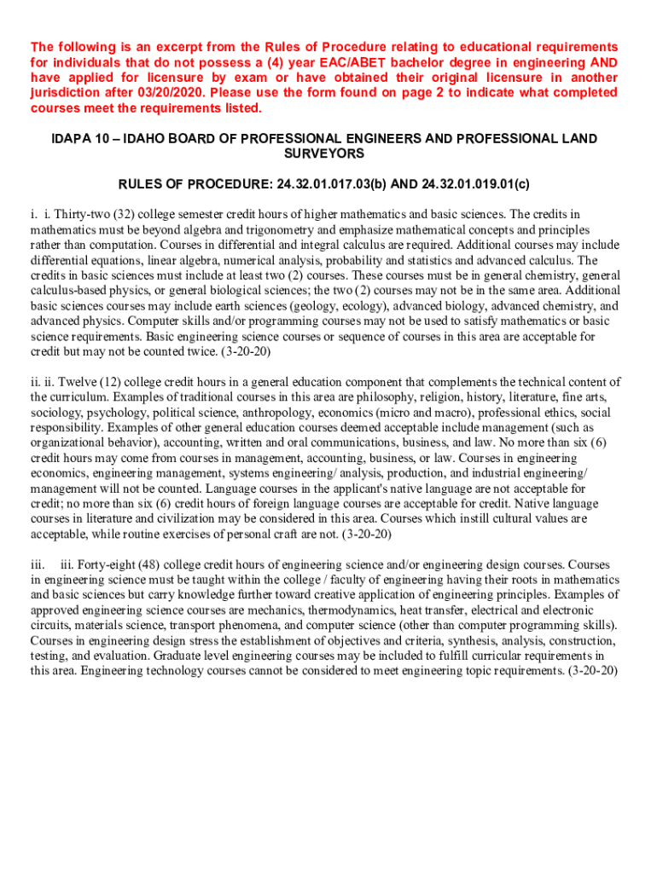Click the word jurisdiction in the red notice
click(x=62, y=93)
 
